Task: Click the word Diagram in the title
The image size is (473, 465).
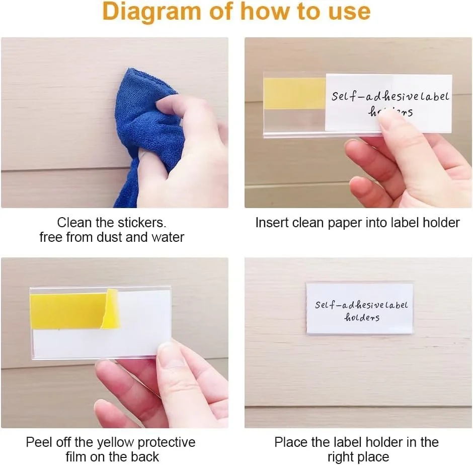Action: [x=152, y=12]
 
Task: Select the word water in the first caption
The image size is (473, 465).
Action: [x=168, y=237]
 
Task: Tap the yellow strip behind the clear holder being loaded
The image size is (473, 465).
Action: [x=294, y=94]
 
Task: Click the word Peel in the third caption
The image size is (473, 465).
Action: [x=37, y=442]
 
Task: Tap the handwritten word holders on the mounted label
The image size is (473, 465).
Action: [x=362, y=317]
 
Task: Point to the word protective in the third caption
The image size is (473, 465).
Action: [x=166, y=443]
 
